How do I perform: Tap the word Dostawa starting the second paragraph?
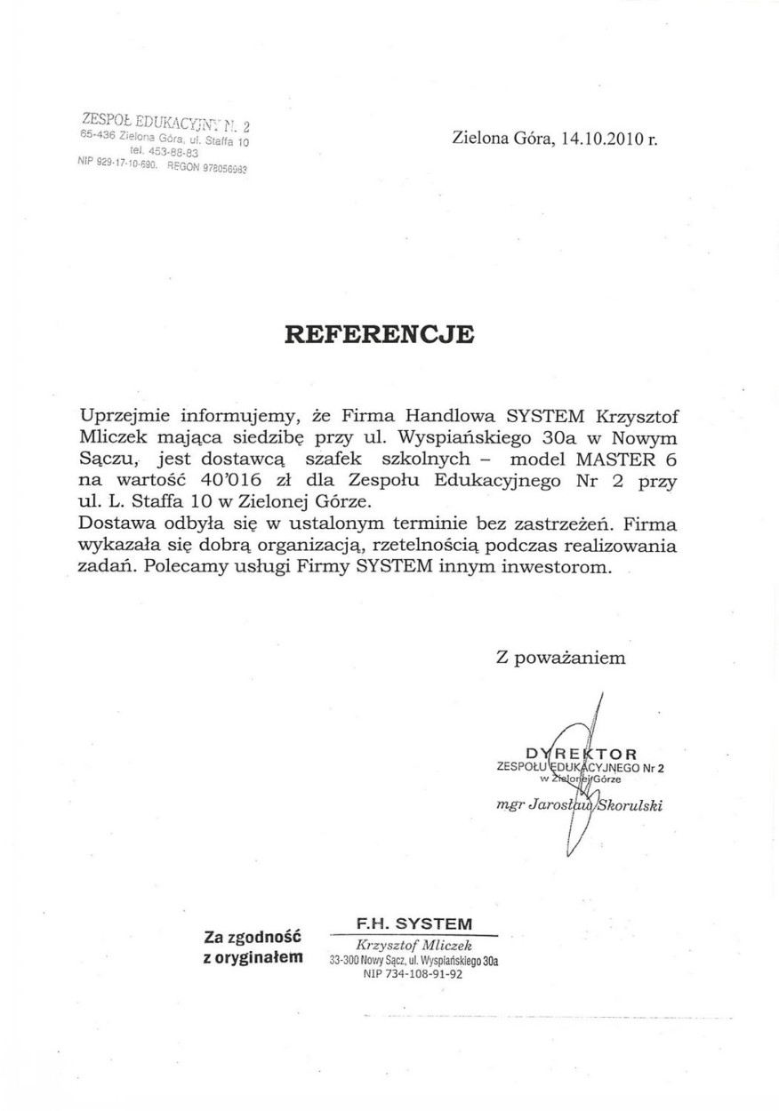[114, 524]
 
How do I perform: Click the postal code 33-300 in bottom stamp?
[343, 962]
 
